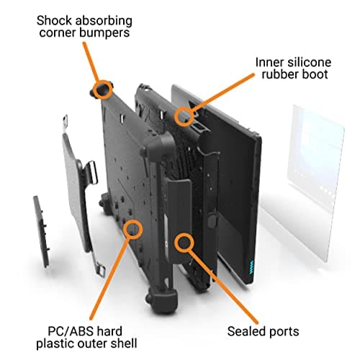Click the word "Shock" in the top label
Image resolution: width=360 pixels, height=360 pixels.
pyautogui.click(x=54, y=21)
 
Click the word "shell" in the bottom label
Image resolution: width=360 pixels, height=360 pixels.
pyautogui.click(x=124, y=343)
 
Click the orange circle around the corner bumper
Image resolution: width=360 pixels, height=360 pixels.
pyautogui.click(x=103, y=89)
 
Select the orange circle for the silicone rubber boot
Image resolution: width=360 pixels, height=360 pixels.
pyautogui.click(x=184, y=116)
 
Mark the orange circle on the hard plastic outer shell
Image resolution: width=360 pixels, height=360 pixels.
pyautogui.click(x=132, y=229)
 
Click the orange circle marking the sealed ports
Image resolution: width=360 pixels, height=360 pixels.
pyautogui.click(x=184, y=243)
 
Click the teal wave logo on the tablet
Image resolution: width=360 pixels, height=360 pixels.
pyautogui.click(x=251, y=267)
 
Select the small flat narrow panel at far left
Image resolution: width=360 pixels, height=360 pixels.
pyautogui.click(x=42, y=232)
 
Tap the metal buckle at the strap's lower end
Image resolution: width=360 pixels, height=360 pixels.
pyautogui.click(x=101, y=271)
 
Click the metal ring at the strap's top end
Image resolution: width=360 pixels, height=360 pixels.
pyautogui.click(x=65, y=121)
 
